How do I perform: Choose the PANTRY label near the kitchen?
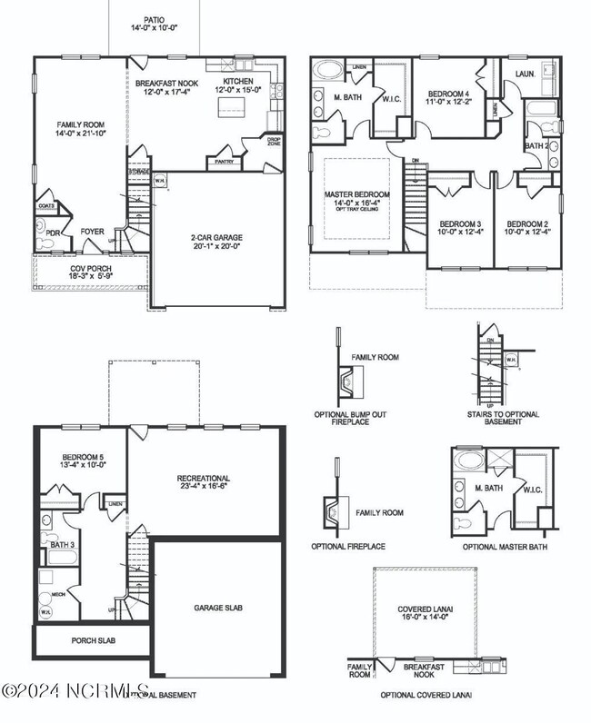tap(224, 162)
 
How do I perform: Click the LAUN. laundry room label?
tap(524, 73)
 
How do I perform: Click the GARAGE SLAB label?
tap(218, 608)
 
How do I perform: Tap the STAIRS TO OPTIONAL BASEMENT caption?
tap(503, 419)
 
